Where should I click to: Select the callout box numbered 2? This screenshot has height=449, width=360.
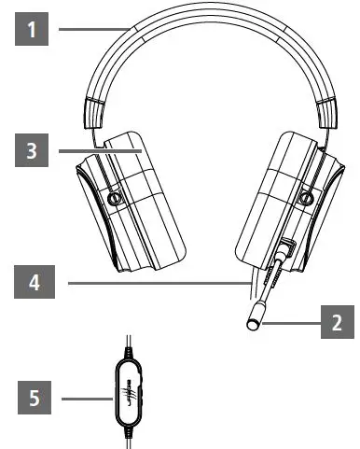(337, 324)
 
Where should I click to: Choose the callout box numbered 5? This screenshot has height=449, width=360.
(35, 400)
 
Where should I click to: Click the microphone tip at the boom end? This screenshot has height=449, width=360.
(253, 323)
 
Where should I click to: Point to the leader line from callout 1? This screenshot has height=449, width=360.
(93, 30)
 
